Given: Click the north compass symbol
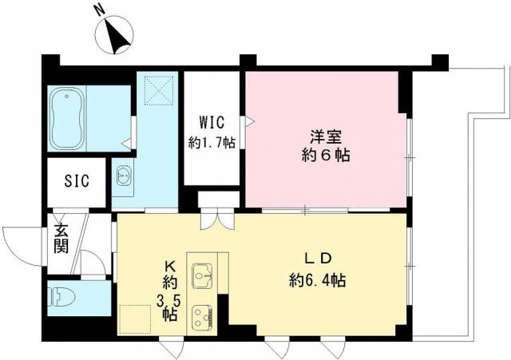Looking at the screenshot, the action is (x=114, y=35).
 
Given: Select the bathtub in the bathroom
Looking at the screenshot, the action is (x=67, y=119).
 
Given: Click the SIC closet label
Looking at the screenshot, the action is (x=77, y=181).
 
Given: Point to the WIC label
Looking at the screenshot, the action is (x=212, y=123).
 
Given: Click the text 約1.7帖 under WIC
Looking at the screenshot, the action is (x=212, y=142).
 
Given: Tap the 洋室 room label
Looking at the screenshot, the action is (x=326, y=136).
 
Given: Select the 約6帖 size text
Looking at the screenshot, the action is (x=326, y=156).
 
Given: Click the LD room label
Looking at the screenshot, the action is (x=318, y=259).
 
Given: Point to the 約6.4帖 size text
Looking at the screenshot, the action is (x=318, y=280).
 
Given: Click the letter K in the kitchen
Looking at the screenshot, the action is (x=170, y=267).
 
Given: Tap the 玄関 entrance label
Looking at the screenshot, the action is (x=61, y=239).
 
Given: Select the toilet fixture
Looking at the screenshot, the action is (x=61, y=298).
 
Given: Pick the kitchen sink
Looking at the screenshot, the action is (x=202, y=275).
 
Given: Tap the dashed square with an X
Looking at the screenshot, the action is (x=159, y=91).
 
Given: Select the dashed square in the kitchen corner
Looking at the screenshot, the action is (x=135, y=319).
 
